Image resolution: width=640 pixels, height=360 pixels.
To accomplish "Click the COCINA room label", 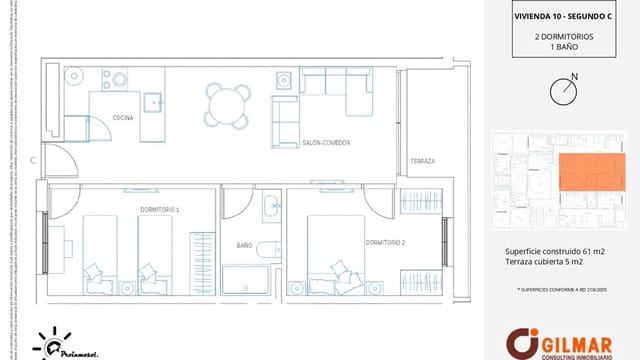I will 123,118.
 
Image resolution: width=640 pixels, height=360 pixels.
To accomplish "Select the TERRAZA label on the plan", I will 422,161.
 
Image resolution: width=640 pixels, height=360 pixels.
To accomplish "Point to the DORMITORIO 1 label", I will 159,209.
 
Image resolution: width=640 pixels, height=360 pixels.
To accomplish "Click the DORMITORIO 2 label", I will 385,242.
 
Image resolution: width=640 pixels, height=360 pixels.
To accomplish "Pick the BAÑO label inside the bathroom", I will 244,245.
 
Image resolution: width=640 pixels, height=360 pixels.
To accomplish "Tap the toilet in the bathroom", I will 267,249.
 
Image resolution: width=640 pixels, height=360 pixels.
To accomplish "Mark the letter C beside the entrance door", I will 33,160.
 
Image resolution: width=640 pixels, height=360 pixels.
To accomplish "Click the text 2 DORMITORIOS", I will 564,36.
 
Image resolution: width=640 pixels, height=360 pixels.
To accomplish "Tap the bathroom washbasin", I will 270,208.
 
